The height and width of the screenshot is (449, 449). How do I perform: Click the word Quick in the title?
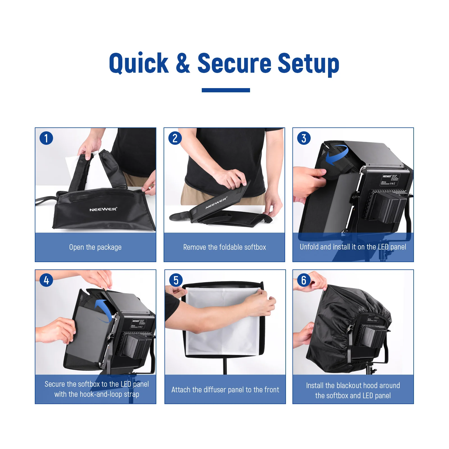pos(139,63)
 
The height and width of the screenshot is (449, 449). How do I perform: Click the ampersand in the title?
pos(183,63)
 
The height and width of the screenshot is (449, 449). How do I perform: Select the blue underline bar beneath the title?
pos(226,90)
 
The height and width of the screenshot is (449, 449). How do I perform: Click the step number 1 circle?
pos(46,138)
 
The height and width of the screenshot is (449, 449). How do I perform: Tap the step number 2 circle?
pos(175,138)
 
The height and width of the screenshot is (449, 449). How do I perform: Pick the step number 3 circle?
pos(304,138)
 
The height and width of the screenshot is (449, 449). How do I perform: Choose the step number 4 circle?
pos(46,280)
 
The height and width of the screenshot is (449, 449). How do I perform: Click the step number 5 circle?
pos(176,280)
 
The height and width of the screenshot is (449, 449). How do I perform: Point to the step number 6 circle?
pos(304,280)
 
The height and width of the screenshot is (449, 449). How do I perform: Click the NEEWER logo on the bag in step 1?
pos(103,209)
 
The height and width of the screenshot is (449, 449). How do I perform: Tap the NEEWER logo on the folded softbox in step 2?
pos(216,203)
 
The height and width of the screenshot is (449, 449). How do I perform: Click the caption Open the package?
pos(95,247)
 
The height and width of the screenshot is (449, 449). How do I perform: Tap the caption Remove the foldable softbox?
pos(224,247)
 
